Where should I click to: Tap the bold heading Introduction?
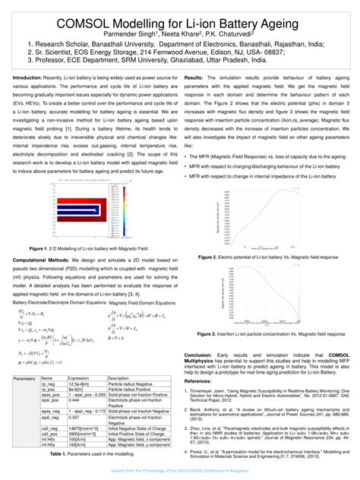pos(28,78)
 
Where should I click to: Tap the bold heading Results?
pos(194,78)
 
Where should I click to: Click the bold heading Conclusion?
pos(199,355)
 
